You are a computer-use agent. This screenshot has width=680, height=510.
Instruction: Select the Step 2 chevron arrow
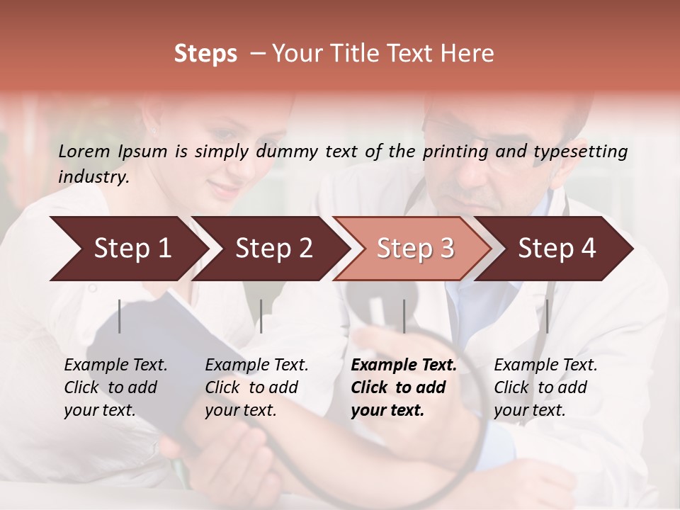pos(273,249)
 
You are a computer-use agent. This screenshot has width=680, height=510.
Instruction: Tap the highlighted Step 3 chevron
pos(414,249)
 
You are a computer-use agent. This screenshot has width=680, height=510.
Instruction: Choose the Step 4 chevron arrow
pos(556,249)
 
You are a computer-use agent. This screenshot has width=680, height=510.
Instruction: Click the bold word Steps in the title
pos(205,53)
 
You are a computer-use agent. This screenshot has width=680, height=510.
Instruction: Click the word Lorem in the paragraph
pos(84,151)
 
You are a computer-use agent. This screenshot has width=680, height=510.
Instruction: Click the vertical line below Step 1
pos(120,316)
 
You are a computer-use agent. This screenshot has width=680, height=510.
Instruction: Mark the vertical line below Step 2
pos(261,316)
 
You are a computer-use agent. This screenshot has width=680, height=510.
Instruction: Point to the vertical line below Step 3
pos(404,316)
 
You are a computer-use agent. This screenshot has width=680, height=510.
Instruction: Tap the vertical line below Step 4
pos(547,316)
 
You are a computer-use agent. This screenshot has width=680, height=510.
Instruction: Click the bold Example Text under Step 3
pos(404,365)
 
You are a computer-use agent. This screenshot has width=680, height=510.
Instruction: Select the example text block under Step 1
pos(115,387)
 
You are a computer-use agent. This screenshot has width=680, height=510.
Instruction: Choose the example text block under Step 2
pos(256,387)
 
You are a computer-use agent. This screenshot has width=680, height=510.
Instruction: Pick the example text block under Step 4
pos(545,387)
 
